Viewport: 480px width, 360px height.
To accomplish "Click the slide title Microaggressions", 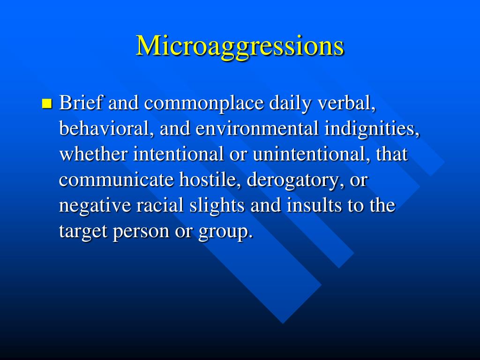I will (x=240, y=46).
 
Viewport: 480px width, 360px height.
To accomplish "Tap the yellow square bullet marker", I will (x=46, y=104).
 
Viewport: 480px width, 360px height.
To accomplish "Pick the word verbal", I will (x=346, y=103).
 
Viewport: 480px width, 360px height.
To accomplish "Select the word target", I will (x=83, y=232).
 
